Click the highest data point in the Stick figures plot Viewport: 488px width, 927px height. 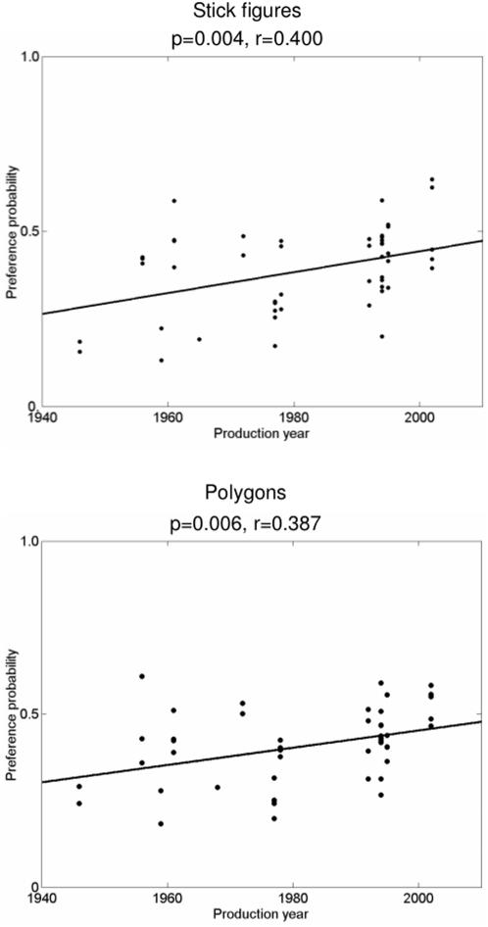click(431, 179)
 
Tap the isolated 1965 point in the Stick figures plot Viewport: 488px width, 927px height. click(199, 339)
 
